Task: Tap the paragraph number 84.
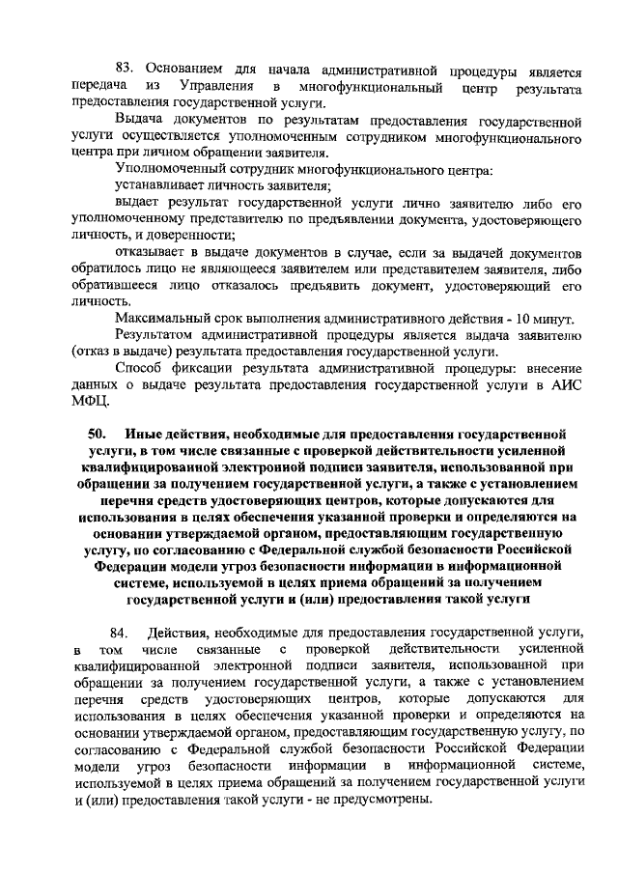tap(120, 633)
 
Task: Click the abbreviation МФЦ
tap(91, 404)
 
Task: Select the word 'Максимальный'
tap(162, 320)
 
